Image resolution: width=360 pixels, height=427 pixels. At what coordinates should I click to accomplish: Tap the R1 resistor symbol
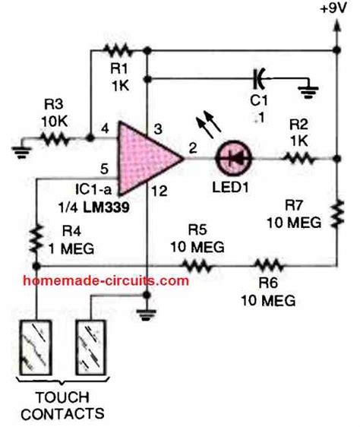click(x=119, y=51)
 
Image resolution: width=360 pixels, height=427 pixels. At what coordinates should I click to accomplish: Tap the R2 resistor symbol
click(x=298, y=160)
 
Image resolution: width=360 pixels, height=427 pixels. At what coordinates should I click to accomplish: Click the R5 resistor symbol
click(x=197, y=265)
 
